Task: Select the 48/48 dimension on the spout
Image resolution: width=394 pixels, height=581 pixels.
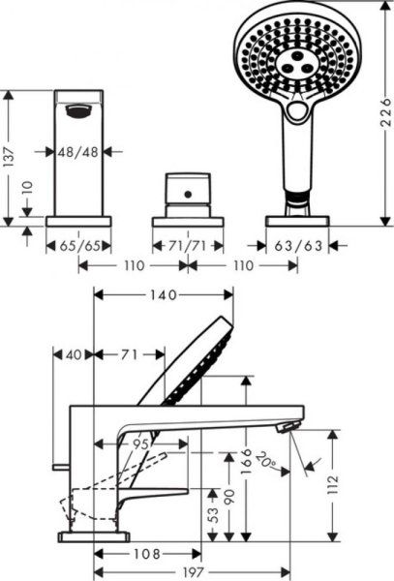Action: (x=77, y=151)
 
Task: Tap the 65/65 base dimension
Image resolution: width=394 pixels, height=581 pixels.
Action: (x=77, y=247)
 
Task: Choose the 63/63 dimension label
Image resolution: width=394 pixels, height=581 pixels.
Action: (x=297, y=247)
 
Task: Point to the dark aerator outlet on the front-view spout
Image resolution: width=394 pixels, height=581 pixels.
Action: (x=77, y=113)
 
